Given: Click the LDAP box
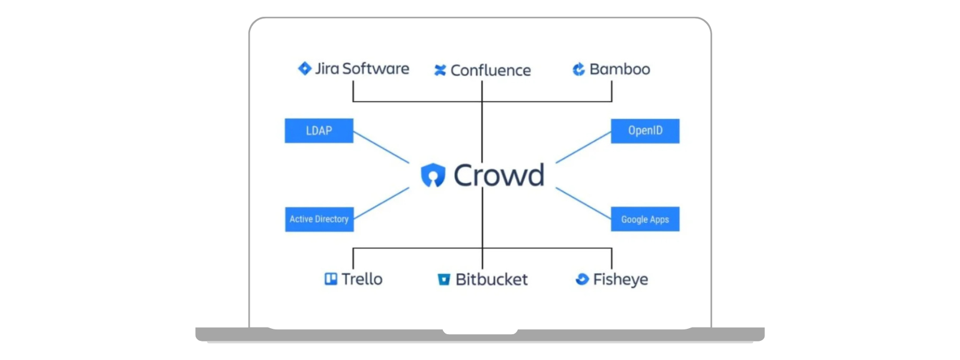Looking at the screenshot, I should pyautogui.click(x=319, y=131).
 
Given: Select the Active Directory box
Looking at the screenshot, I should pyautogui.click(x=319, y=219).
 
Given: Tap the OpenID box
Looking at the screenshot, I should pyautogui.click(x=645, y=131).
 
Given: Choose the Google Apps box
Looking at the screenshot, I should pyautogui.click(x=645, y=219).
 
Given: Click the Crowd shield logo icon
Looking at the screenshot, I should pyautogui.click(x=433, y=175).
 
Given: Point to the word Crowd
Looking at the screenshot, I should pyautogui.click(x=499, y=175).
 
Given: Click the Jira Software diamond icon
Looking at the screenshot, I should pyautogui.click(x=305, y=68).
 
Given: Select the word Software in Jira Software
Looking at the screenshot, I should pyautogui.click(x=376, y=69).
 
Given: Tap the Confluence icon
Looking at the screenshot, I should pyautogui.click(x=440, y=70).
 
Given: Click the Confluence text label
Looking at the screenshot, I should pyautogui.click(x=490, y=71).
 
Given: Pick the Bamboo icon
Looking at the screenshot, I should pyautogui.click(x=578, y=70).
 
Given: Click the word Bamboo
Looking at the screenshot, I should pyautogui.click(x=619, y=70).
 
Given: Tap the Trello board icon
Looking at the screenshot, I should pyautogui.click(x=331, y=279).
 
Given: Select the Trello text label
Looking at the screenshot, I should pyautogui.click(x=362, y=279).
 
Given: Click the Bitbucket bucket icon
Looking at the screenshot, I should pyautogui.click(x=443, y=280).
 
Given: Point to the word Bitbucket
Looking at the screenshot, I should pyautogui.click(x=491, y=280).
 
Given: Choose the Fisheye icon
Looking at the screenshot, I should pyautogui.click(x=581, y=279).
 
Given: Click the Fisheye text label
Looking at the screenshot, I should pyautogui.click(x=620, y=280).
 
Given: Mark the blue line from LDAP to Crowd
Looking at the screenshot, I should pyautogui.click(x=381, y=148).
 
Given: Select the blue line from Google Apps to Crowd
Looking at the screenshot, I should pyautogui.click(x=583, y=203).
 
